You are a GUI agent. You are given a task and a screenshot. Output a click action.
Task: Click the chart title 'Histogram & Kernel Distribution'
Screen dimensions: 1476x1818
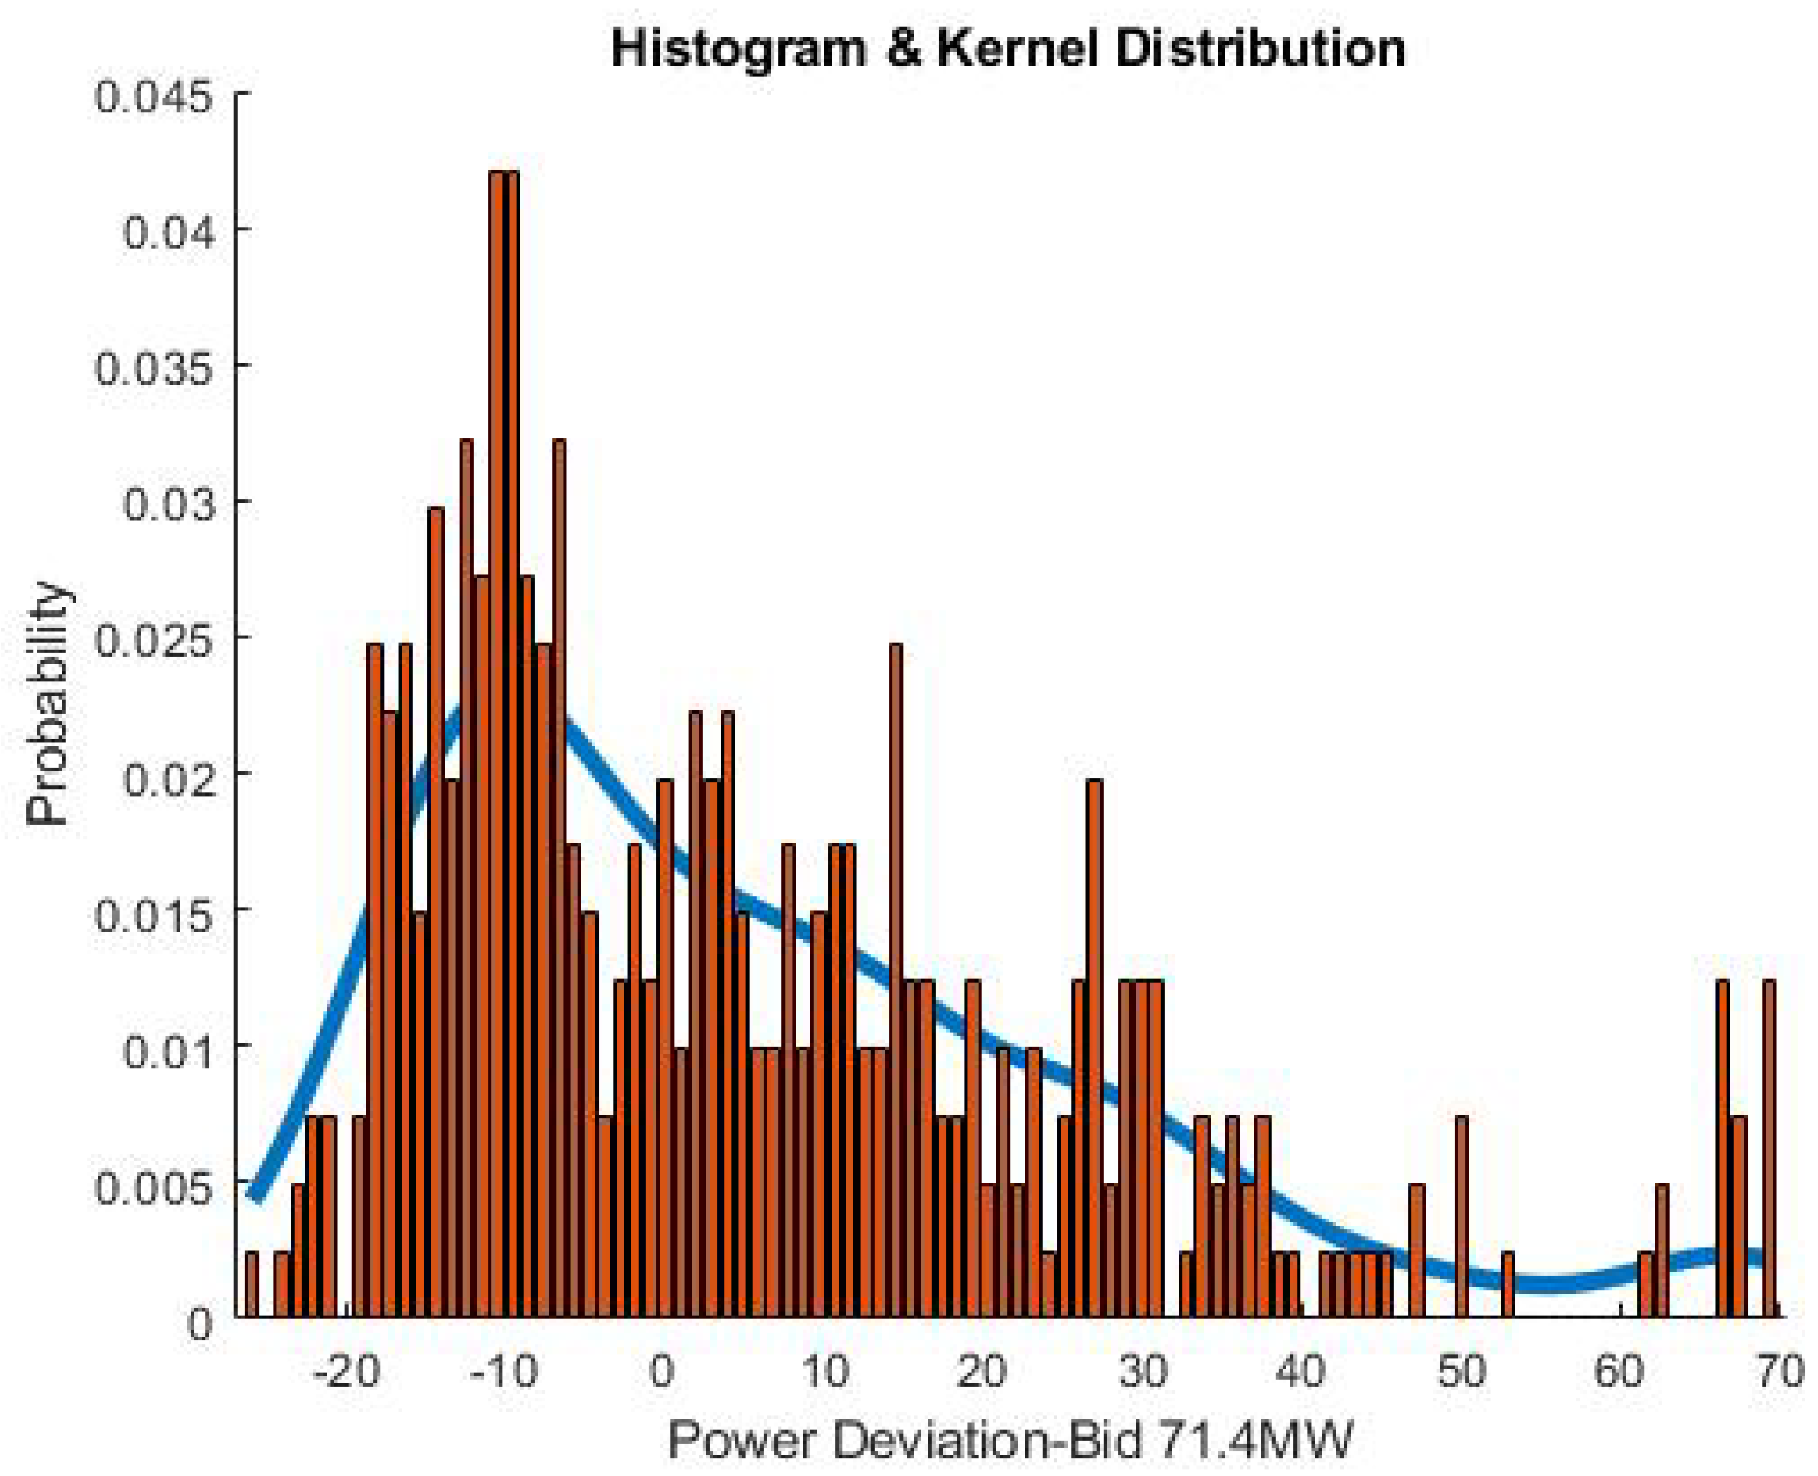tap(1008, 49)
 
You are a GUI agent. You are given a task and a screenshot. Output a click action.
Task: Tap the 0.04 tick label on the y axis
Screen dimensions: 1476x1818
tap(165, 231)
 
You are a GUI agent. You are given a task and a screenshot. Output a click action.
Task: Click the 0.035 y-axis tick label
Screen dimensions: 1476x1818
tap(153, 368)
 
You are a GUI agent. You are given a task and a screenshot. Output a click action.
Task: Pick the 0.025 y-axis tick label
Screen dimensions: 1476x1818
tap(153, 638)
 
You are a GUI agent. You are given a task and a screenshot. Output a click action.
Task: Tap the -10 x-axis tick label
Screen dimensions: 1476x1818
tap(505, 1371)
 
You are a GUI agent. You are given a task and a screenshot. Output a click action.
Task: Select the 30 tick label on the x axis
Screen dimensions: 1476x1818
tap(1142, 1371)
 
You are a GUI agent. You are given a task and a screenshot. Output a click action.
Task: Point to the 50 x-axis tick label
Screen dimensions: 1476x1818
tap(1462, 1371)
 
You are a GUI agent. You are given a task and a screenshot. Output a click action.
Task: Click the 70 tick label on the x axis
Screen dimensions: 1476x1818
tap(1780, 1371)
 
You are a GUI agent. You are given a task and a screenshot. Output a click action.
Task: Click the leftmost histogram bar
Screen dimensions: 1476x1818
tap(252, 1284)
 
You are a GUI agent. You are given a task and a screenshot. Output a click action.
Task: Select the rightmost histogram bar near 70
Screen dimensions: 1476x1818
tap(1769, 1148)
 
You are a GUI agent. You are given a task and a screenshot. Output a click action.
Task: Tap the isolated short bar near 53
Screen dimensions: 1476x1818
tap(1508, 1284)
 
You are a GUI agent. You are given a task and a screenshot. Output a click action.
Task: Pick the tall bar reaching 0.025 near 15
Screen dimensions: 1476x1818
tap(895, 978)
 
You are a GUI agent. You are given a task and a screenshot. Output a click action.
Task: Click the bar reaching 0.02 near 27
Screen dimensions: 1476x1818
tap(1095, 1045)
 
